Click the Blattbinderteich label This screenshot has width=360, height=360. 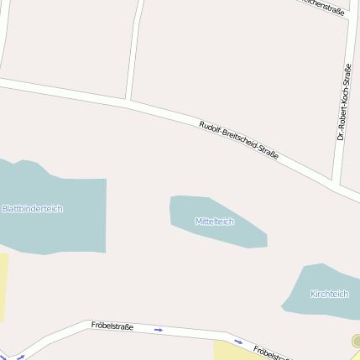point(33,208)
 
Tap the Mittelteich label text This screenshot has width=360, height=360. point(214,222)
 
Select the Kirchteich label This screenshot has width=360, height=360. point(329,294)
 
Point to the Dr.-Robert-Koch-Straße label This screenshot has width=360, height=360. point(343,102)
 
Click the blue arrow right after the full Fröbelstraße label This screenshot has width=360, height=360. point(158,330)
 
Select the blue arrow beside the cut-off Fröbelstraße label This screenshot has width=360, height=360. point(238,342)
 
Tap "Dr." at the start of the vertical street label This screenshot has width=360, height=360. point(341,135)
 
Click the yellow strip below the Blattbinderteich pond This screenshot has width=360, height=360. point(3,285)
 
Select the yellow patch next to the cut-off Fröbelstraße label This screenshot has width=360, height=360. point(227,350)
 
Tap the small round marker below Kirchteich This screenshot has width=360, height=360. point(357,341)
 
